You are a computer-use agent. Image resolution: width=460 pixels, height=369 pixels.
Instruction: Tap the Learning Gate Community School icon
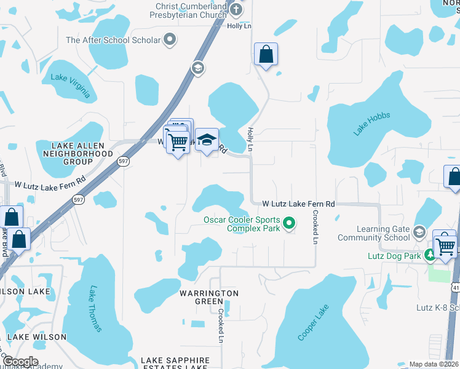[419, 232]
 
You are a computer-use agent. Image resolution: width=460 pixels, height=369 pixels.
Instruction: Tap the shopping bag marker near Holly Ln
[266, 55]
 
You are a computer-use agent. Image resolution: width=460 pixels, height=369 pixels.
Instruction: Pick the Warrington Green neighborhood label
[208, 297]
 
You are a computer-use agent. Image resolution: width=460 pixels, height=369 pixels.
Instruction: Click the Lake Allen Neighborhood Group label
[83, 153]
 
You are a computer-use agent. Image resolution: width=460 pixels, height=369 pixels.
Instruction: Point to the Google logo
[20, 362]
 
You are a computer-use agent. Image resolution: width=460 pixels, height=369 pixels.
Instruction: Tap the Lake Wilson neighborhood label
[36, 337]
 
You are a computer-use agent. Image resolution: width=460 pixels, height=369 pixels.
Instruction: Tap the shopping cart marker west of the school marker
[178, 143]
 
